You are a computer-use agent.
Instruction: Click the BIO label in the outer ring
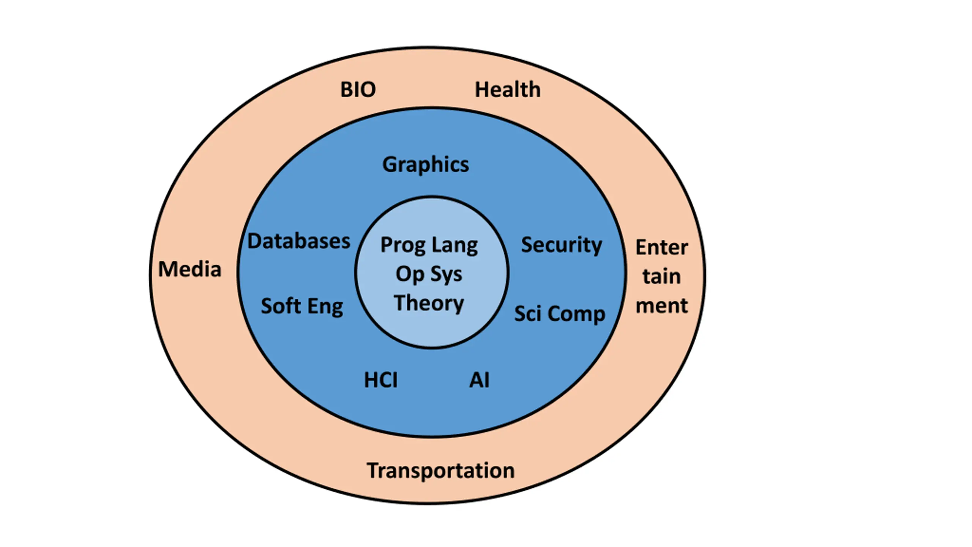[x=358, y=90]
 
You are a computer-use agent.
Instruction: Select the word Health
[x=508, y=90]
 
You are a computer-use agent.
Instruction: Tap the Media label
[x=189, y=269]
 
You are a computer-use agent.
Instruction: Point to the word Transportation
[x=440, y=471]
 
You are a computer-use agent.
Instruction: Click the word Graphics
[x=426, y=164]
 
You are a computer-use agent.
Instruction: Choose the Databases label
[x=299, y=241]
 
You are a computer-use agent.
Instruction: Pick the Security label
[x=562, y=245]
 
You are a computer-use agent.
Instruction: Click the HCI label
[x=381, y=380]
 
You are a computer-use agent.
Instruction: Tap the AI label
[x=480, y=380]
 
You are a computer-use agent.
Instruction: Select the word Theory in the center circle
[x=429, y=303]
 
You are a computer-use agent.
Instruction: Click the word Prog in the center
[x=403, y=245]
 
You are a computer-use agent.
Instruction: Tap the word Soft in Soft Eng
[x=281, y=306]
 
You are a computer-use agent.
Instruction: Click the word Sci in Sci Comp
[x=528, y=314]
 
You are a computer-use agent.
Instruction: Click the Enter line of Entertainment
[x=662, y=248]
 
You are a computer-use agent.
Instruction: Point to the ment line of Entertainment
[x=662, y=305]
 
